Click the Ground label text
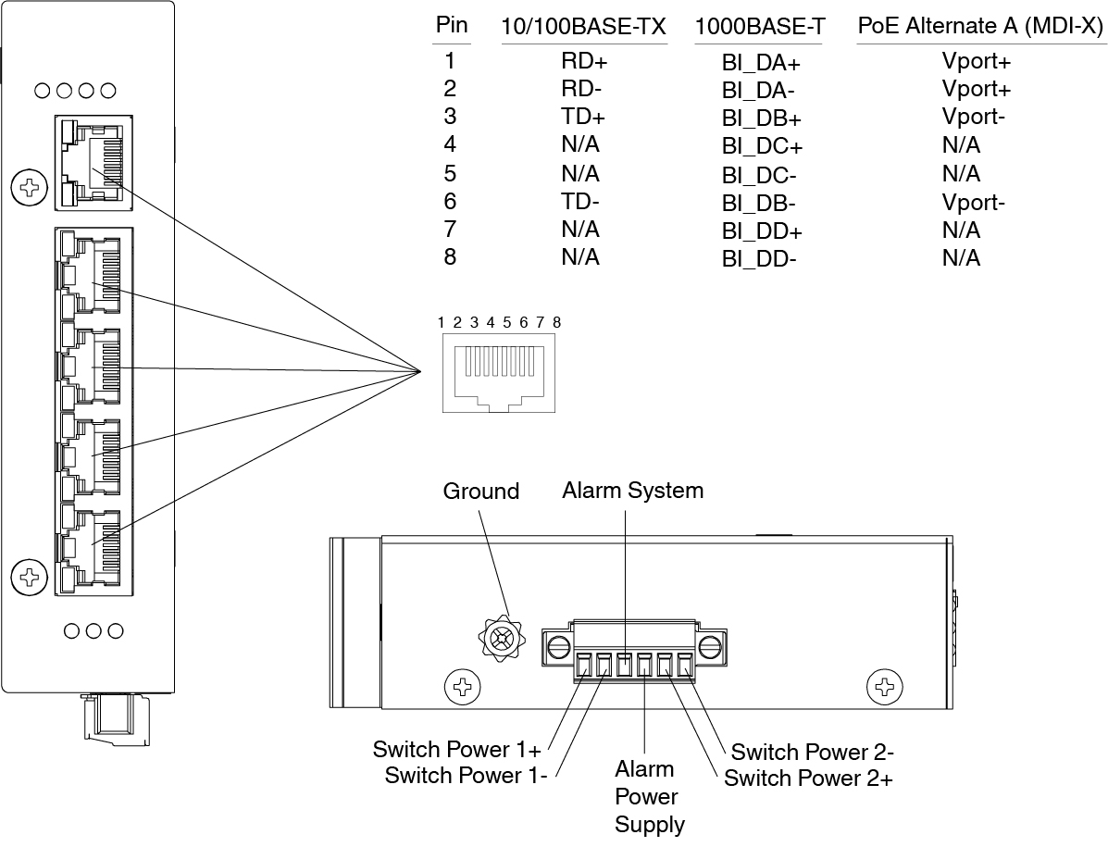(481, 492)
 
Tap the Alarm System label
(632, 490)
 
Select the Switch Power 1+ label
(457, 749)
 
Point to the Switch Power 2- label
(812, 752)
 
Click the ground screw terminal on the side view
(503, 638)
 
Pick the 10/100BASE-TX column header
(583, 28)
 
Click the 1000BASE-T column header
(760, 28)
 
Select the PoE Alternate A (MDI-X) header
(981, 27)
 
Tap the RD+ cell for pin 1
(584, 62)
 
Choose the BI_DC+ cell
(762, 146)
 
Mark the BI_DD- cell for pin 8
(759, 259)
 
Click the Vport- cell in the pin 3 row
(974, 118)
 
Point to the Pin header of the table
(452, 26)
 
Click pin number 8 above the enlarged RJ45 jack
(556, 323)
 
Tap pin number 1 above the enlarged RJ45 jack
(442, 323)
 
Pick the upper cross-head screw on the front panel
(30, 189)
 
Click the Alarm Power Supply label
(649, 797)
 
